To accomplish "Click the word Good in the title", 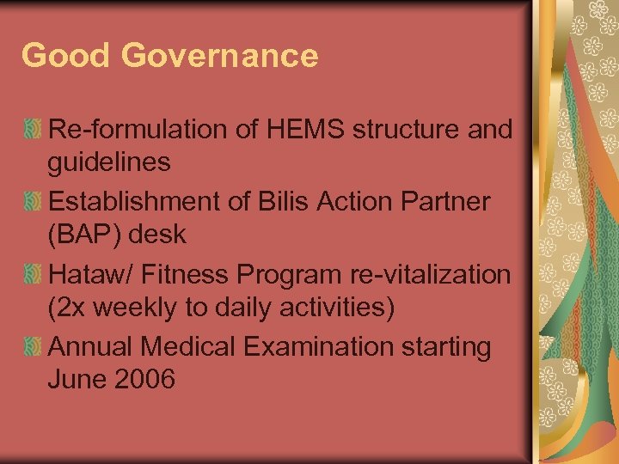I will coord(66,56).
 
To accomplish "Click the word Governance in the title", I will coord(219,56).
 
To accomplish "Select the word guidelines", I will coord(109,161).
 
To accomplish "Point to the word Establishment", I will coord(144,203).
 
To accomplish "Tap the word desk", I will coord(162,234).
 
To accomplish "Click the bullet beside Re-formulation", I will coord(32,131).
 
